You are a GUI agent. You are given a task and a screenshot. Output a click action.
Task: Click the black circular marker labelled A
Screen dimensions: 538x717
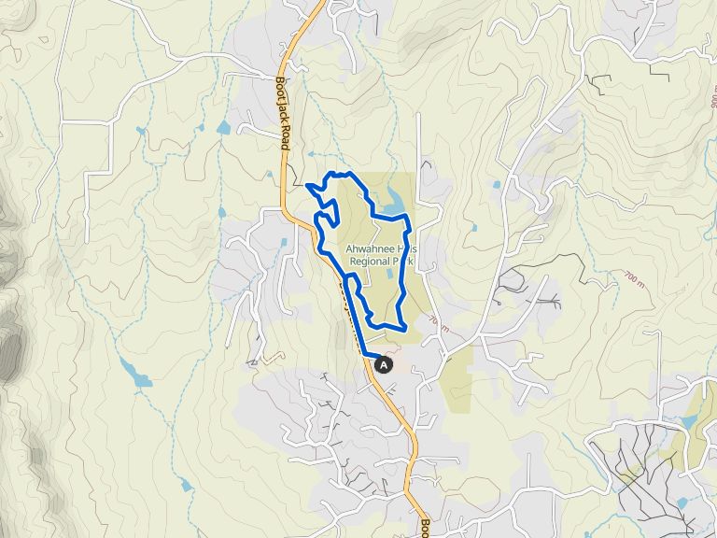384,366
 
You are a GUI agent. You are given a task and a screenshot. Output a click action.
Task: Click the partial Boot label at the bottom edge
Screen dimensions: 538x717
424,527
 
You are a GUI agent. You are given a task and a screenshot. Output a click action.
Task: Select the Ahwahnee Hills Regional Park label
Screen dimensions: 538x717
379,255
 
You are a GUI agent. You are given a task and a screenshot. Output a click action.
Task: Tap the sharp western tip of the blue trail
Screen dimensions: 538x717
307,184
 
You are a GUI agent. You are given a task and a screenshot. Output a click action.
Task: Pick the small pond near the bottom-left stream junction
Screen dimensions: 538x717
186,486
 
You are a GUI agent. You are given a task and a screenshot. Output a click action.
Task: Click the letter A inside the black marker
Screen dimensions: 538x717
384,366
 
